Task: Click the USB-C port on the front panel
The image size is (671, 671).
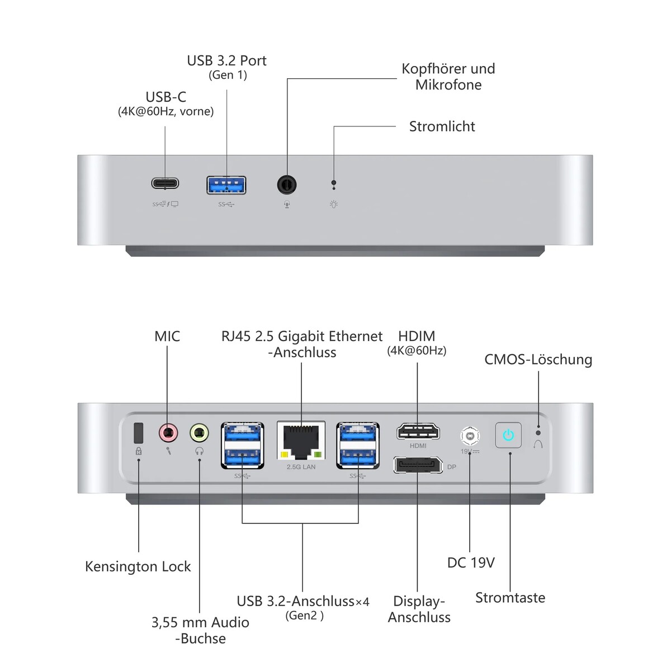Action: [165, 183]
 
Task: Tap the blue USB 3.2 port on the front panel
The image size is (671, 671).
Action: [226, 184]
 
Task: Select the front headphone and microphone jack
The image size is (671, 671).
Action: [287, 184]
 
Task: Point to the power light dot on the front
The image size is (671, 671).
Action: [334, 182]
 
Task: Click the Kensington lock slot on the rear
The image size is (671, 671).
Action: [139, 432]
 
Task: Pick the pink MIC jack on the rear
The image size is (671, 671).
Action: [168, 432]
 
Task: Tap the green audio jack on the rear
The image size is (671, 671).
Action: [199, 432]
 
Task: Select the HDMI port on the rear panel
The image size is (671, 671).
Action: [418, 432]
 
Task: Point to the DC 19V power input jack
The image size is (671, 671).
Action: [470, 435]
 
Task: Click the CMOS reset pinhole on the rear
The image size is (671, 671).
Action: [538, 432]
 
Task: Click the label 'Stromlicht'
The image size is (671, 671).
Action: [442, 126]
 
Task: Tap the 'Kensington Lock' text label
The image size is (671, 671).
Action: [138, 566]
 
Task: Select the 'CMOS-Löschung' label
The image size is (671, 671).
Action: [538, 360]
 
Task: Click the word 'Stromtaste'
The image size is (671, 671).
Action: [510, 597]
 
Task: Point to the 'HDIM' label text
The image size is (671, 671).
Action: [417, 336]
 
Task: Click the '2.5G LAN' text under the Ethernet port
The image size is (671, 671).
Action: [301, 467]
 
